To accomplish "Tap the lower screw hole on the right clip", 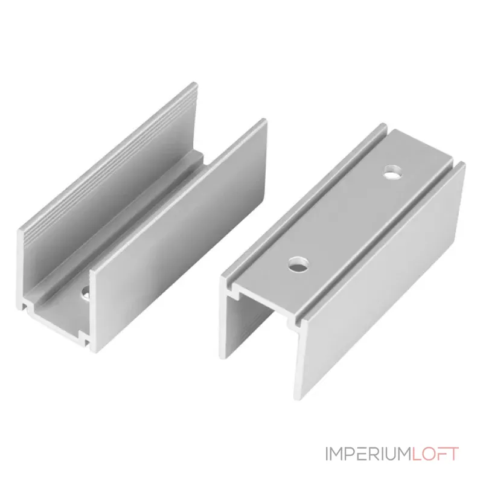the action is tap(298, 264).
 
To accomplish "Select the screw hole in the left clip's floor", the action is tap(85, 293).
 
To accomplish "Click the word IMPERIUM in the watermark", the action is tap(368, 454).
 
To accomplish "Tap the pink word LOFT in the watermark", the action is tap(435, 454).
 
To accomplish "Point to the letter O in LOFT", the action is tap(429, 454).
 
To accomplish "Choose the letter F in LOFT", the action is tap(443, 454).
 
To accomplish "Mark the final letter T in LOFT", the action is tap(454, 454).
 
